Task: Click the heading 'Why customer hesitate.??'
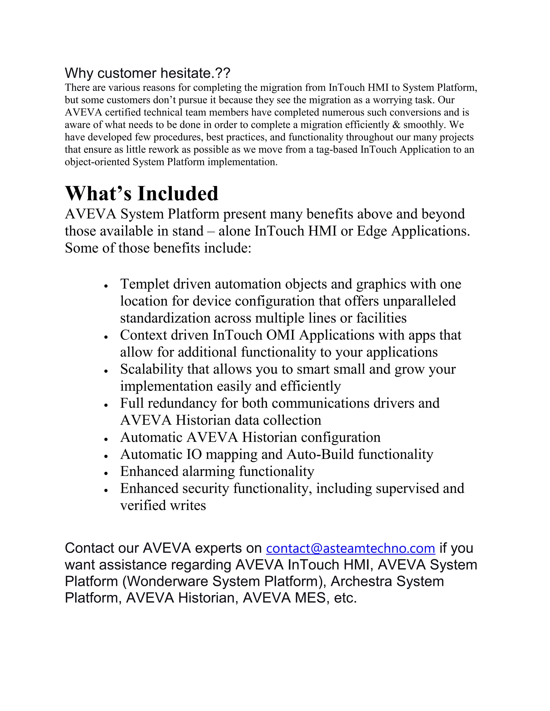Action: [x=147, y=73]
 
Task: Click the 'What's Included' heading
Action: [x=142, y=193]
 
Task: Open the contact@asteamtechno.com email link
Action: [x=350, y=548]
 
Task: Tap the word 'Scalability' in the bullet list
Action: [x=151, y=369]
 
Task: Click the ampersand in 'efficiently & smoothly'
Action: [x=397, y=125]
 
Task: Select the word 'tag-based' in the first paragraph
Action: [x=336, y=149]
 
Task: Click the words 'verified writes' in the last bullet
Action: [x=163, y=505]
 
